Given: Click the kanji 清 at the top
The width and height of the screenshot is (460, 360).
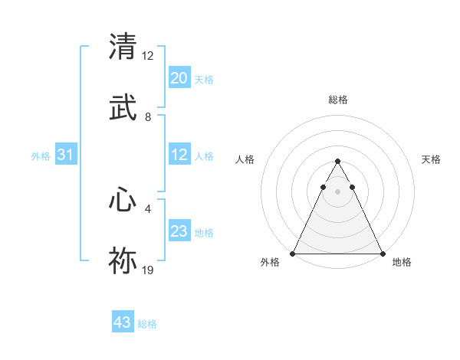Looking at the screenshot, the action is [x=123, y=46].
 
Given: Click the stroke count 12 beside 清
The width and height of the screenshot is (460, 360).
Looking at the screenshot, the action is [x=148, y=56].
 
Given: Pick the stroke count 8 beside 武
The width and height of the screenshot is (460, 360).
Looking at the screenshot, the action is [x=148, y=117].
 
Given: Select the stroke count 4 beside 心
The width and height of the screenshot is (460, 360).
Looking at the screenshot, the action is [x=148, y=208].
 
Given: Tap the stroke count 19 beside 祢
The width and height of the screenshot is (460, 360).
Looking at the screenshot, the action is [x=148, y=270].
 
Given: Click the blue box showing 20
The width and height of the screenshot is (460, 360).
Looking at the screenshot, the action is [x=179, y=78].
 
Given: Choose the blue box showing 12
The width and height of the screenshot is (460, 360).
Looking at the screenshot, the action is [x=179, y=155].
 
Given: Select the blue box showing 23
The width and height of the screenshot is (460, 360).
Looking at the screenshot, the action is [x=179, y=231].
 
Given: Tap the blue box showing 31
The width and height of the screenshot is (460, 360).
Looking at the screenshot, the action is [x=66, y=155].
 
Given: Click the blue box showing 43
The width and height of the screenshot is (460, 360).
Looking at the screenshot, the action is [x=123, y=322].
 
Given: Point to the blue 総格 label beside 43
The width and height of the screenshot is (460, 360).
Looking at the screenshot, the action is [x=147, y=324].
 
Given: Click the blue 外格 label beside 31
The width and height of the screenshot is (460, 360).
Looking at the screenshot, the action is [x=41, y=156].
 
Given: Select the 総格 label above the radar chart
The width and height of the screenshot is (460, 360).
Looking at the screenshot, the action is [x=337, y=100].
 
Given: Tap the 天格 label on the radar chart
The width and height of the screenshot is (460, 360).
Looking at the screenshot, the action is [x=431, y=159].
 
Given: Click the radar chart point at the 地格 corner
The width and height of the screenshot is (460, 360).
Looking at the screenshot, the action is [x=382, y=254].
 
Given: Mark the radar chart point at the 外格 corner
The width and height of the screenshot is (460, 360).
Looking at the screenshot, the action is [x=293, y=254].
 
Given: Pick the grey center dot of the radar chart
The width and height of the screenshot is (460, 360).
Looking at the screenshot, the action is [x=337, y=191].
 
